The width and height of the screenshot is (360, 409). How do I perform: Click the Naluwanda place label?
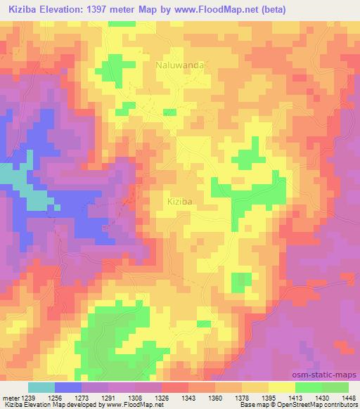pyautogui.click(x=180, y=65)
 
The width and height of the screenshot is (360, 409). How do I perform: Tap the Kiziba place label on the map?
pyautogui.click(x=180, y=201)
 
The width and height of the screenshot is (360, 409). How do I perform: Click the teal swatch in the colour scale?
pyautogui.click(x=41, y=387)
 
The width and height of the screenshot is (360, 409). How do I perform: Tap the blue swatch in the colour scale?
pyautogui.click(x=68, y=387)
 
